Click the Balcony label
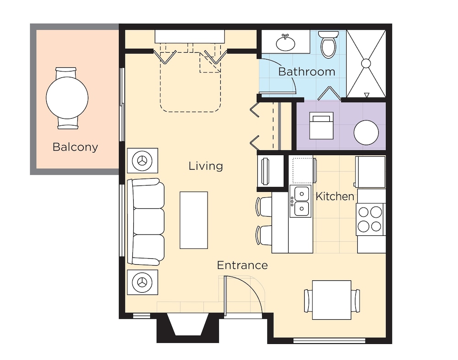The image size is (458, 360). [x=75, y=147]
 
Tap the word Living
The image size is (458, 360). [x=206, y=166]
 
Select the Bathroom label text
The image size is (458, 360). [x=306, y=72]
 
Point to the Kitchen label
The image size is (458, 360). [x=335, y=196]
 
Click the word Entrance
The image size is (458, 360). [x=242, y=265]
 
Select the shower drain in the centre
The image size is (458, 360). [x=366, y=63]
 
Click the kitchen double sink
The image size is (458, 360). [x=301, y=201]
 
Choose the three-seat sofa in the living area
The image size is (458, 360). [x=146, y=222]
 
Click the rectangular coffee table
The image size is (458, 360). [x=193, y=220]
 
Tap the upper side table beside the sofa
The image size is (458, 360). [x=142, y=161]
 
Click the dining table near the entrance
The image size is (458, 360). [x=332, y=300]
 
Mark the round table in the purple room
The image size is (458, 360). [x=366, y=133]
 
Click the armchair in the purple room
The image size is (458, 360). [x=321, y=126]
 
